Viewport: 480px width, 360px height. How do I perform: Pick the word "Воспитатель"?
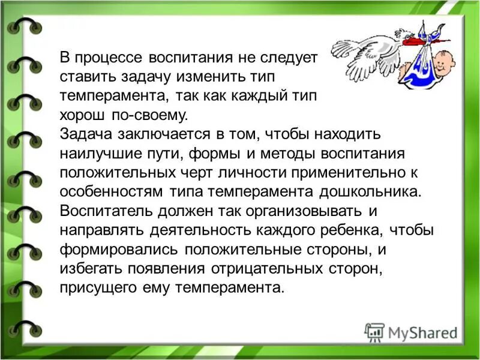(106, 211)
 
